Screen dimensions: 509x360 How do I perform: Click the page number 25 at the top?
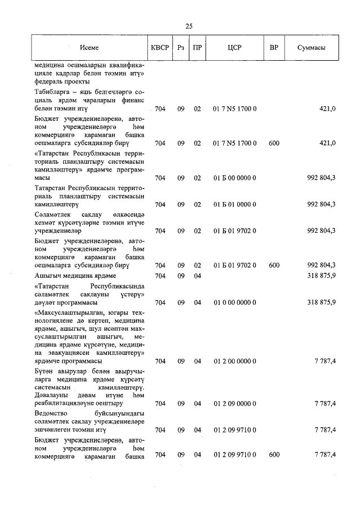pyautogui.click(x=188, y=26)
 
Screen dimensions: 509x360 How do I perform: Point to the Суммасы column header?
pyautogui.click(x=312, y=48)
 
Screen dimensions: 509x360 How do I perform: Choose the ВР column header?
pyautogui.click(x=274, y=48)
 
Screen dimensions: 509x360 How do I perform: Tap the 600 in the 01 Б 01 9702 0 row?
pyautogui.click(x=274, y=265)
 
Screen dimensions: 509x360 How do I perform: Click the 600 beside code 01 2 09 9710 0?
pyautogui.click(x=274, y=454)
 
